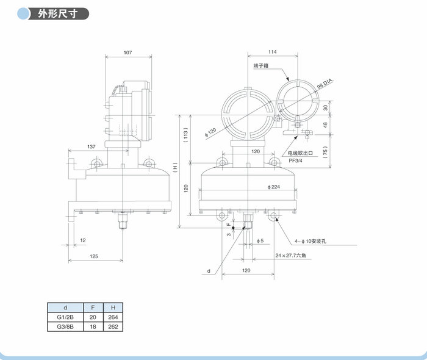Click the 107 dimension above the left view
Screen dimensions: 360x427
click(x=127, y=53)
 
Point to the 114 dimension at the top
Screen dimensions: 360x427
click(x=273, y=51)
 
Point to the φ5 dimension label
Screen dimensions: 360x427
click(x=259, y=241)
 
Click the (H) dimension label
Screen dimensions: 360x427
click(x=175, y=166)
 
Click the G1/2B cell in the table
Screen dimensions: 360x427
click(x=65, y=318)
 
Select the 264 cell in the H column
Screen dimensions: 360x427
click(x=112, y=318)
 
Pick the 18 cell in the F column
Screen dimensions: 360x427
click(x=93, y=327)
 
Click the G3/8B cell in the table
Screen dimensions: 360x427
click(x=65, y=327)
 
